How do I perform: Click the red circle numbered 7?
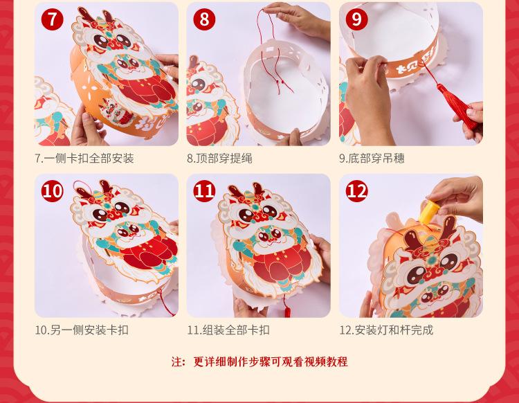(x=53, y=19)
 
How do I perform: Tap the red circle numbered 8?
(x=204, y=19)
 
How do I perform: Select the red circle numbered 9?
(x=357, y=19)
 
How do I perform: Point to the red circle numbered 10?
(x=53, y=191)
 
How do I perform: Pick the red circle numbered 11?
(x=204, y=191)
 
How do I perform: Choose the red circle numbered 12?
(x=357, y=191)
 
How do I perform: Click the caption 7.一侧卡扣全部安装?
(x=84, y=159)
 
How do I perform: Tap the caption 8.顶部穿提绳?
(x=219, y=159)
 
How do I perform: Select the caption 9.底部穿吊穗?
(x=372, y=159)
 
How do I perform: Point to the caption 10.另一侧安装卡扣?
(x=82, y=330)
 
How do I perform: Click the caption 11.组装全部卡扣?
(x=228, y=330)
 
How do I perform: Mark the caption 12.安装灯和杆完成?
(x=386, y=330)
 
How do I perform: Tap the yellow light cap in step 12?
(x=428, y=212)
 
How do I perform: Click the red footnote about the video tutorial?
(x=259, y=361)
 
